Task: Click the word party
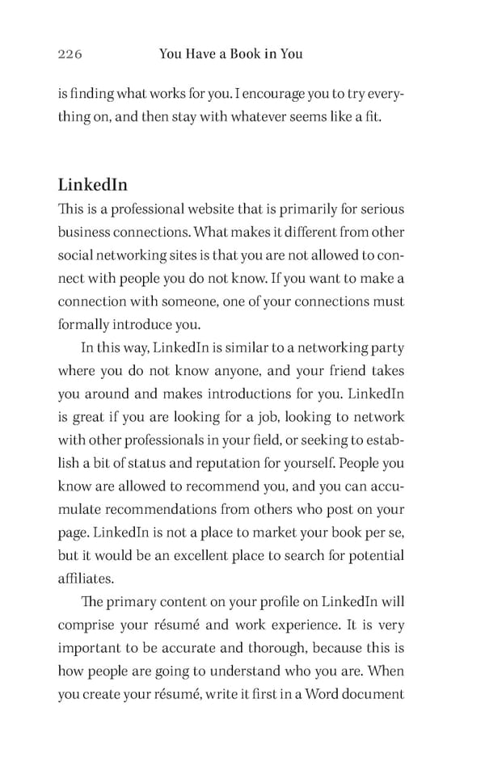385,348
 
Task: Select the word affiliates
86,579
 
